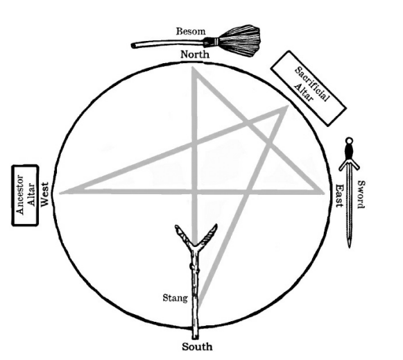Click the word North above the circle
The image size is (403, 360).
click(195, 55)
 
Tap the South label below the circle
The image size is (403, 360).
click(197, 347)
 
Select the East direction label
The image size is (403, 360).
click(340, 196)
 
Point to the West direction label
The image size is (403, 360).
click(45, 194)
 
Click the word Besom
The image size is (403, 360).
click(191, 31)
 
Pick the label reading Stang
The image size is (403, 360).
click(175, 298)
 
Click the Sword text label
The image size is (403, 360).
click(361, 194)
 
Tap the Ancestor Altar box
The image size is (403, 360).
click(25, 196)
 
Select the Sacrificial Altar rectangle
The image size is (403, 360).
click(308, 88)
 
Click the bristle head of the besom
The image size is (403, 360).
click(240, 41)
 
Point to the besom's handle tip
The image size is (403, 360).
click(133, 46)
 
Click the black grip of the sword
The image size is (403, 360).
click(349, 153)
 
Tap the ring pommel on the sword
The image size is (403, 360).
click(349, 141)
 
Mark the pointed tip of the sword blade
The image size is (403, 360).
click(349, 247)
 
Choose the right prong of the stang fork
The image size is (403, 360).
click(209, 234)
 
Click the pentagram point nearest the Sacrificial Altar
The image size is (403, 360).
click(287, 107)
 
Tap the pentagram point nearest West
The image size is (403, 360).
click(60, 193)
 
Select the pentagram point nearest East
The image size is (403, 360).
click(323, 192)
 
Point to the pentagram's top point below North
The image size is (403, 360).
click(193, 67)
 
